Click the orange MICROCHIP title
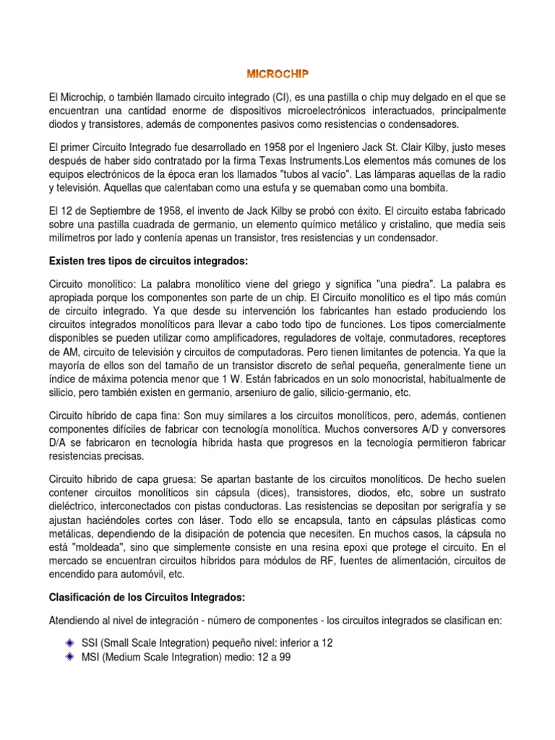(277, 74)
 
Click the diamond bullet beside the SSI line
(70, 622)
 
